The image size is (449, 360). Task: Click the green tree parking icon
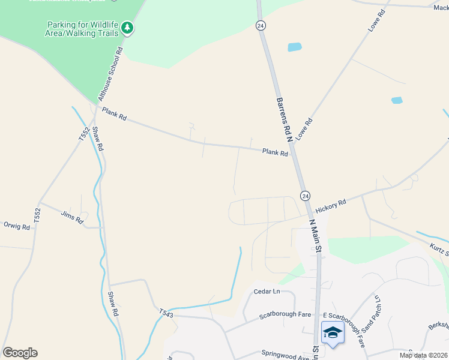127,27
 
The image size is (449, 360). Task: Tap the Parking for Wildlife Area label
82,29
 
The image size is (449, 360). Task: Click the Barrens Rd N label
283,120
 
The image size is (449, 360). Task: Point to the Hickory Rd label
331,205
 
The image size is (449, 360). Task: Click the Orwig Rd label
16,227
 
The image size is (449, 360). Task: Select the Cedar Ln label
267,292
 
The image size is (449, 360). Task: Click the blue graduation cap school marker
333,332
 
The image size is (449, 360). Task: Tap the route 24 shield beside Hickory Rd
305,196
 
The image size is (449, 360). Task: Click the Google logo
20,353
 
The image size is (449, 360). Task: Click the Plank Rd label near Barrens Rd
275,153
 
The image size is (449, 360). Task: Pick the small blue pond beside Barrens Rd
295,47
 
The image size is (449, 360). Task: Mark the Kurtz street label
438,247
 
